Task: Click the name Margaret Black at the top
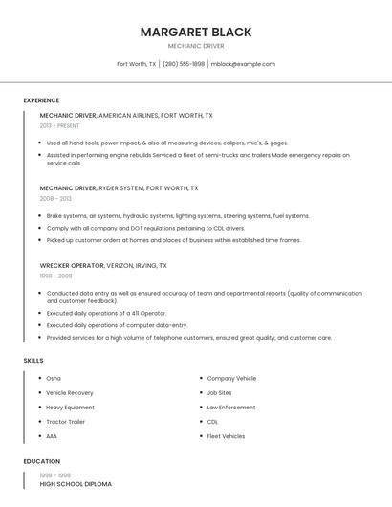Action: (x=196, y=32)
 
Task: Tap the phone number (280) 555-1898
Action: (x=184, y=64)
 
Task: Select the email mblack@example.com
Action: (x=243, y=64)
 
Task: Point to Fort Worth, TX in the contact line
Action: (x=136, y=64)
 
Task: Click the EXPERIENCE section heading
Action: (x=41, y=100)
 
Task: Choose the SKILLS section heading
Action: (x=33, y=360)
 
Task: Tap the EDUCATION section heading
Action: (x=42, y=461)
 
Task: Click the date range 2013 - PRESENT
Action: (x=59, y=125)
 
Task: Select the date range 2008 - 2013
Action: (x=55, y=199)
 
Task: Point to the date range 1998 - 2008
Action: (x=55, y=276)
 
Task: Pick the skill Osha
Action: (x=54, y=379)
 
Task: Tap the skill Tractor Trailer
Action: (x=65, y=422)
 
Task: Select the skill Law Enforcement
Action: (x=231, y=408)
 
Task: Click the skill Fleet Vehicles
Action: (x=226, y=436)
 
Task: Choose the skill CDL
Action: (x=212, y=422)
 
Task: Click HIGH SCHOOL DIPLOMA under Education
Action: (x=76, y=484)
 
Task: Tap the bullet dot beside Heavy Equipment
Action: (x=39, y=408)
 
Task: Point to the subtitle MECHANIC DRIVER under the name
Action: (x=196, y=46)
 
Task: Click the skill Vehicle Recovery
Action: (x=70, y=393)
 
